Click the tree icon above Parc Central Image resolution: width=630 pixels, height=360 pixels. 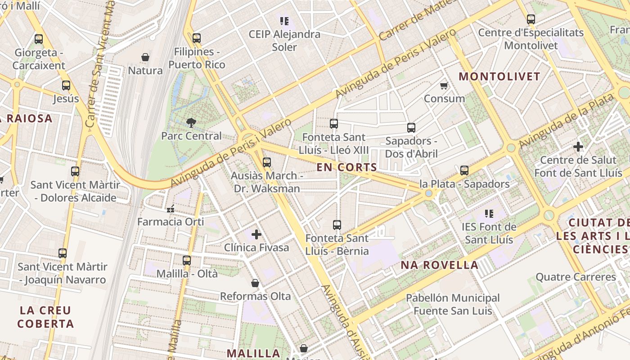(191, 122)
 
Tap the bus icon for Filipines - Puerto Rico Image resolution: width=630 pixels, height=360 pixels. (196, 38)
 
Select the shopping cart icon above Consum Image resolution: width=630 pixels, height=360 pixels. (444, 85)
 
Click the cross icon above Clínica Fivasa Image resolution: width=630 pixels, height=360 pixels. (256, 234)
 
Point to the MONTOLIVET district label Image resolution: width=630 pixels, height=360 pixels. (499, 76)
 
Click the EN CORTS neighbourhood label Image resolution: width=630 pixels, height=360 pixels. (346, 167)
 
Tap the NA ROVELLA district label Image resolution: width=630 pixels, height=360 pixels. (440, 265)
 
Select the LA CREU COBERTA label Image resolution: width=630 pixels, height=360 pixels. (46, 317)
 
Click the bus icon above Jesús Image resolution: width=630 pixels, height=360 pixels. (66, 85)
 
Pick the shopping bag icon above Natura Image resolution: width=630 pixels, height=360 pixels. (145, 57)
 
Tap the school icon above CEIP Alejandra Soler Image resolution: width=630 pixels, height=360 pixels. (284, 21)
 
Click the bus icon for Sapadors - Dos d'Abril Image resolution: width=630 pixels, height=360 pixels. (411, 128)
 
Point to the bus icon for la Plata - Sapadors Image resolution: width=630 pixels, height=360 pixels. (464, 171)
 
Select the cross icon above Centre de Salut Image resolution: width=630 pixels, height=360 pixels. (578, 147)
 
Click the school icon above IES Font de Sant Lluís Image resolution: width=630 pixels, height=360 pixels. (489, 213)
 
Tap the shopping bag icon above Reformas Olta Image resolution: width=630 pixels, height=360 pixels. (255, 283)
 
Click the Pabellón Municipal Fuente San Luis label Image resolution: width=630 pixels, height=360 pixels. (453, 304)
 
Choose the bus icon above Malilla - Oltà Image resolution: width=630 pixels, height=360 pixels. (187, 260)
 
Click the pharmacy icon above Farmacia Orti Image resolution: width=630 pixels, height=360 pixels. (171, 208)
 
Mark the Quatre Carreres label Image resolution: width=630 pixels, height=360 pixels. (576, 277)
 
